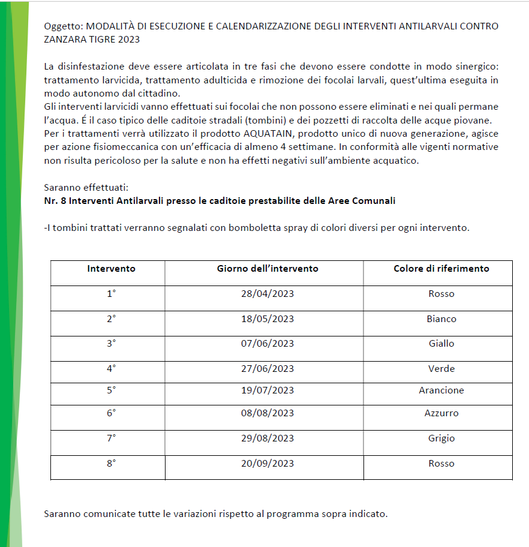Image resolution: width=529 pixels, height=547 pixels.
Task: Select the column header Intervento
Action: click(111, 269)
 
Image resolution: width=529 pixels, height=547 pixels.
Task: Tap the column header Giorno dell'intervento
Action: click(267, 269)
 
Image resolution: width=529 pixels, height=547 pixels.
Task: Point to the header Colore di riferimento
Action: click(441, 269)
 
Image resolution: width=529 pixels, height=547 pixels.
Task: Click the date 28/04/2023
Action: click(267, 294)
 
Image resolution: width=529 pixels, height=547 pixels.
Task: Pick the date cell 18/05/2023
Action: click(267, 319)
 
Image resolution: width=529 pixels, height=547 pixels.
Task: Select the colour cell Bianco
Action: click(441, 319)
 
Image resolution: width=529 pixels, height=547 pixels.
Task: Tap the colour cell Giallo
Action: click(441, 344)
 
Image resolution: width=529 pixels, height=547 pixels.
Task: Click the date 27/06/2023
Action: click(267, 369)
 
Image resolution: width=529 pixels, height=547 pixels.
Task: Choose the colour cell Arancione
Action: click(441, 390)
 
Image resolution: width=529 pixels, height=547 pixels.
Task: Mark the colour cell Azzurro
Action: click(441, 413)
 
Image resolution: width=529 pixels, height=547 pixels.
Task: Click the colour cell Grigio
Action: click(441, 438)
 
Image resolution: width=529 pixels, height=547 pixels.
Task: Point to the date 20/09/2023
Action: click(267, 464)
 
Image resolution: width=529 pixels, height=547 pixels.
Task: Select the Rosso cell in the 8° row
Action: click(441, 464)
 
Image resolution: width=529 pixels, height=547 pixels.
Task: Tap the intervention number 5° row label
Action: click(111, 390)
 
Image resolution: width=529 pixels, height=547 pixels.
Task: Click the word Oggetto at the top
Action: click(63, 26)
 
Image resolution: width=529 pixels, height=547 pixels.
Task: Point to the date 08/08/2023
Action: click(267, 413)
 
